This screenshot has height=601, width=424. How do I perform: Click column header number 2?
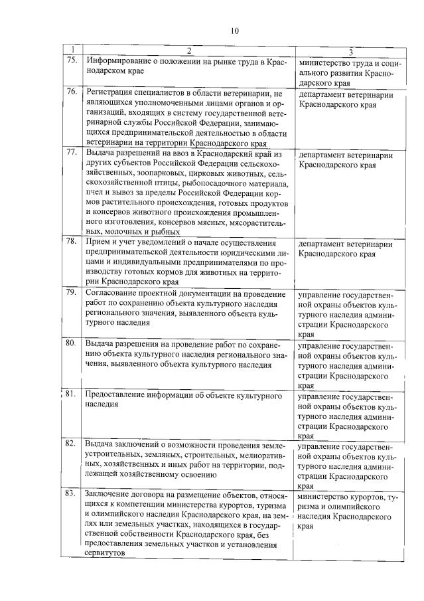[188, 52]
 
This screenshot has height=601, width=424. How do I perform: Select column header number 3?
[350, 52]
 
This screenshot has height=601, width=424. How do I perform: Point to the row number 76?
[71, 91]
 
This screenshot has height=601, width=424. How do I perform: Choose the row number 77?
[71, 153]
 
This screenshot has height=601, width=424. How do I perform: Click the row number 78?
[71, 243]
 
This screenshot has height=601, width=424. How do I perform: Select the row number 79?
[71, 293]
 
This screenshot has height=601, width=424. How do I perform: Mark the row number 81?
[71, 394]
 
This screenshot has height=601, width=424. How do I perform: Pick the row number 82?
[71, 443]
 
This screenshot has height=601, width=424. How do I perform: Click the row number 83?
[71, 494]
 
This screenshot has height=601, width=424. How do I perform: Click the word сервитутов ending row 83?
[105, 555]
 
